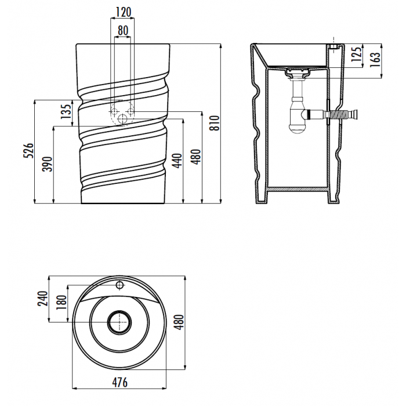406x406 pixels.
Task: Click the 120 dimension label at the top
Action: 123,12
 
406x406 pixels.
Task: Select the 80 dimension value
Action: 123,30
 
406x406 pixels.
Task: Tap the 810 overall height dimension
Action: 215,123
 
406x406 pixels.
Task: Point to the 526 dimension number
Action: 28,150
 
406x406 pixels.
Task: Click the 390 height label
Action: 48,164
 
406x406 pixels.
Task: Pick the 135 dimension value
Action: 66,111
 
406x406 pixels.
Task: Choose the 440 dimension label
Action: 177,161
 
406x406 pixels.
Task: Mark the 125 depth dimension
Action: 356,54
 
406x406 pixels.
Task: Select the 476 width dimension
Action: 119,382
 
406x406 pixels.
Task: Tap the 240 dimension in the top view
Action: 43,299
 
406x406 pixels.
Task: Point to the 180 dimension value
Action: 61,302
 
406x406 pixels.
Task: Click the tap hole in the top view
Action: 119,285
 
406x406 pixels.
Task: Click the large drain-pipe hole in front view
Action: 122,119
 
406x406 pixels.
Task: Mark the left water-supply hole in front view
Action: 114,111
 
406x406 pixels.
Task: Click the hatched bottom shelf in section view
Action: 298,189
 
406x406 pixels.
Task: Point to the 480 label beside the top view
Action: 179,322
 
